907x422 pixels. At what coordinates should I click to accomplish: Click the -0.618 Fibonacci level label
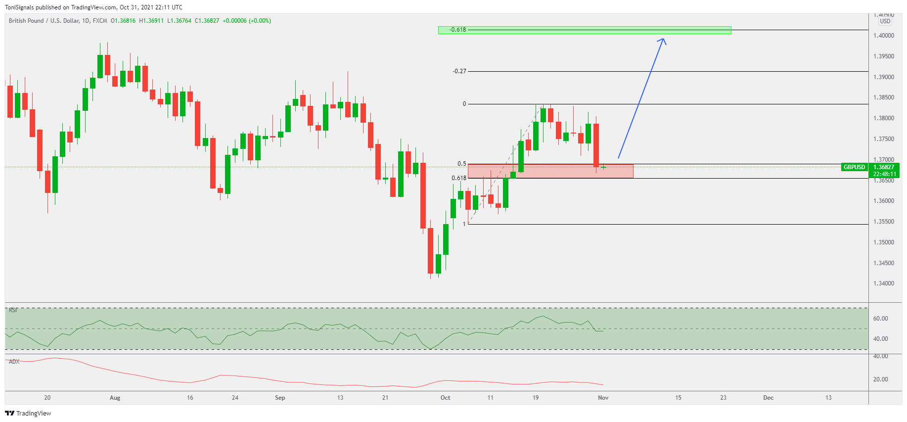click(x=458, y=30)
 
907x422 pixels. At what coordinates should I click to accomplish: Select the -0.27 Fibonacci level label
click(x=459, y=71)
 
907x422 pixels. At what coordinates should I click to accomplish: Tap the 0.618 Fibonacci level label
click(x=459, y=178)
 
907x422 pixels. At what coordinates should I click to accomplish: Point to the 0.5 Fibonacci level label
click(x=462, y=164)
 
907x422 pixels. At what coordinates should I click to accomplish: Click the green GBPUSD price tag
click(x=854, y=167)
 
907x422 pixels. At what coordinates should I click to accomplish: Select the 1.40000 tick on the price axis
click(x=884, y=36)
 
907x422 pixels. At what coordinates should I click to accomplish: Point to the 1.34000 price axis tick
click(x=884, y=283)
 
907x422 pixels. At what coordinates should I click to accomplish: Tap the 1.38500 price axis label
click(x=884, y=97)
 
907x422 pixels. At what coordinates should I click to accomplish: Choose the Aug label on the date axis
click(x=115, y=398)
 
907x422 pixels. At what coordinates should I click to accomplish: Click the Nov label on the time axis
click(x=603, y=398)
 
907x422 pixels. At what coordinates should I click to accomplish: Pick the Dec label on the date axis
click(x=768, y=398)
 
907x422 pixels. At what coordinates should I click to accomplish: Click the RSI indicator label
click(x=13, y=310)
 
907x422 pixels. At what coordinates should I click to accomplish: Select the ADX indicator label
click(x=14, y=362)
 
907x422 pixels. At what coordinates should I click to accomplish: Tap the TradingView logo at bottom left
click(x=28, y=413)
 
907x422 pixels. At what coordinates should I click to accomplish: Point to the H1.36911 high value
click(x=151, y=21)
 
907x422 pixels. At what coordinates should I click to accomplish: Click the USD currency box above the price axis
click(x=885, y=21)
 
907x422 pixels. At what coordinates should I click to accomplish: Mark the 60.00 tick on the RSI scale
click(x=881, y=319)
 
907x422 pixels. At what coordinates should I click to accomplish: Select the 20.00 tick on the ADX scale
click(x=881, y=379)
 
